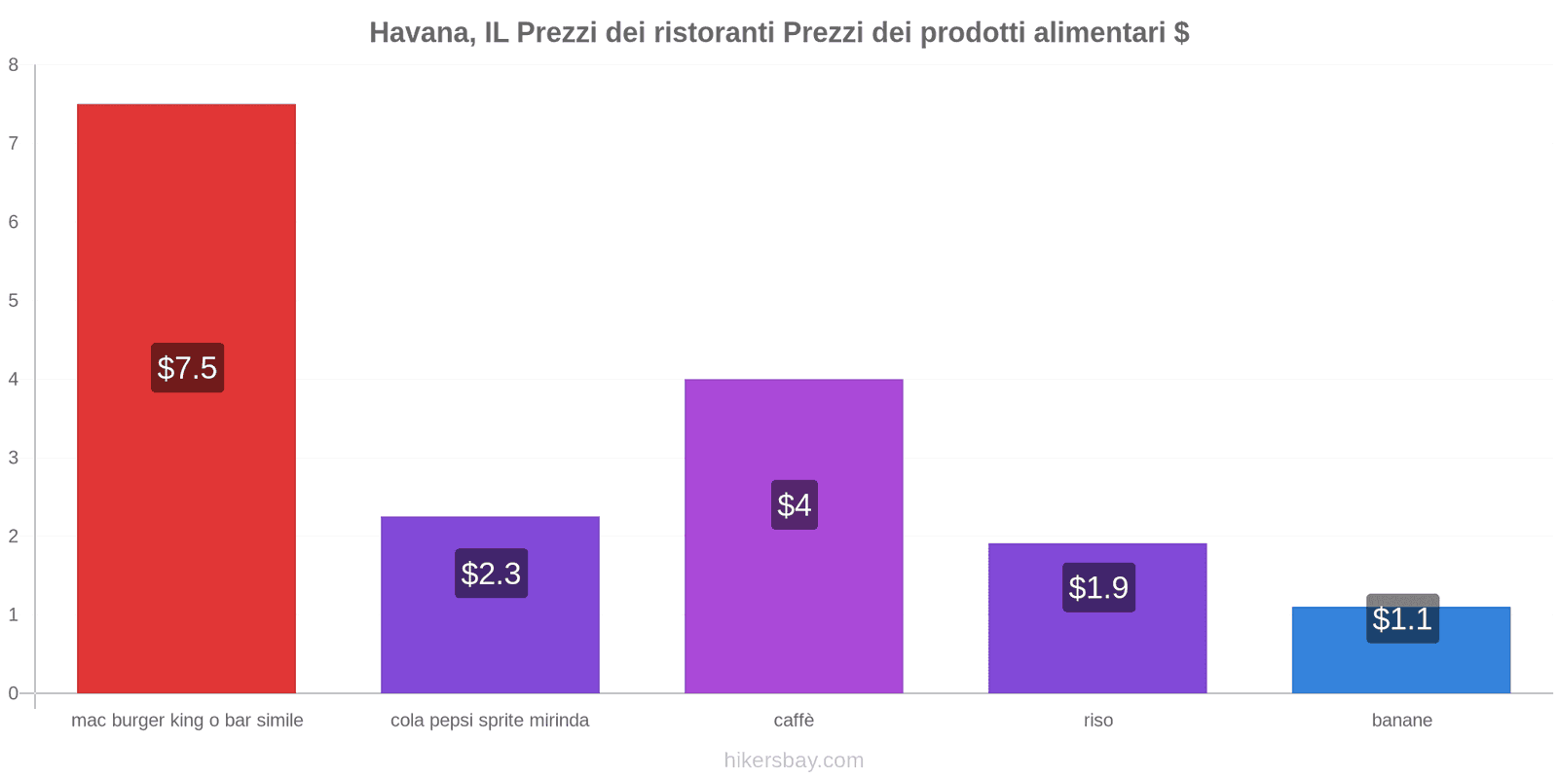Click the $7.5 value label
[187, 368]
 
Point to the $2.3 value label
[491, 574]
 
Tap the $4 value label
[795, 505]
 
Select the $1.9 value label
[1098, 588]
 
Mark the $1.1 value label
[1402, 619]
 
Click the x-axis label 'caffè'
[794, 721]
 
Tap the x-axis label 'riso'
[1098, 721]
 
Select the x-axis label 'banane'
[1402, 721]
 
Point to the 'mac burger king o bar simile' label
[187, 721]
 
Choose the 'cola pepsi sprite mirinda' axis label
[490, 721]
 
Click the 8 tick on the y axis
[14, 65]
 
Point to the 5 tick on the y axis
[14, 301]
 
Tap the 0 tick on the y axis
[14, 693]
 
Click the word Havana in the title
[419, 33]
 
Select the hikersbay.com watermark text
[794, 760]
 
